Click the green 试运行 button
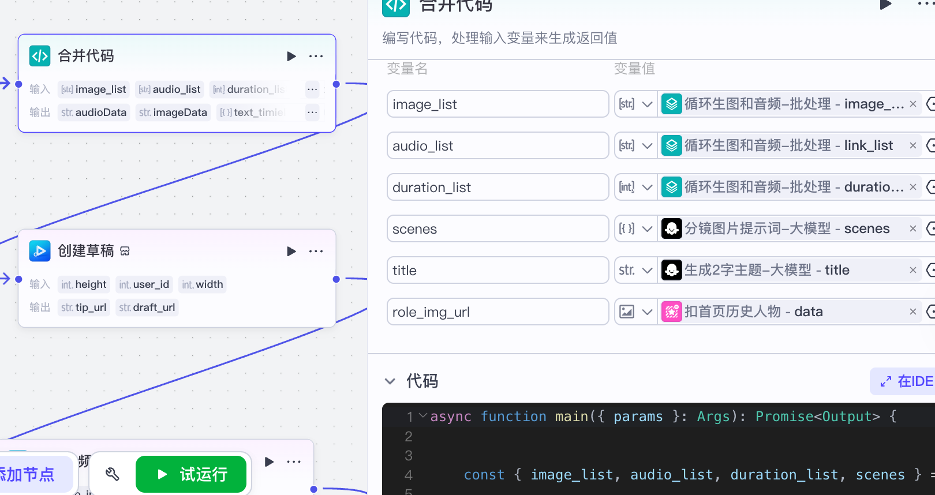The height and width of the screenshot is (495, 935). pos(191,474)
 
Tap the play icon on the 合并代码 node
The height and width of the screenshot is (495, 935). pos(291,56)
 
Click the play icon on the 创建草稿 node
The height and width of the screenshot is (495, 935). pos(291,251)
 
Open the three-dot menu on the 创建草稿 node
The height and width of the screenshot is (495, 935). pos(316,251)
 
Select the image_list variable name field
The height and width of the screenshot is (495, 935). pos(498,104)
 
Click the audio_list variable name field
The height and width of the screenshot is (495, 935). pos(498,146)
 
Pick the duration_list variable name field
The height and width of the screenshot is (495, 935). pos(498,187)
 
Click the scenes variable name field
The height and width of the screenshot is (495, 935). pos(498,229)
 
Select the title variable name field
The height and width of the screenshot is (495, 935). pos(498,271)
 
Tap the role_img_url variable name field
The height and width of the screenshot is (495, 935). pos(498,312)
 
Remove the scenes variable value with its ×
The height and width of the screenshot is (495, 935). pos(913,229)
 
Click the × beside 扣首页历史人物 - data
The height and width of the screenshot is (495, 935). pos(913,312)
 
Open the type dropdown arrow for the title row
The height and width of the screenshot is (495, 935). pos(648,271)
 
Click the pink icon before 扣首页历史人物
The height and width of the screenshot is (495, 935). pos(672,312)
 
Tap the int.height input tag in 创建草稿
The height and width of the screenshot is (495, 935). pos(84,284)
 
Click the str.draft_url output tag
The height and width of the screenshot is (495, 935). pos(147,307)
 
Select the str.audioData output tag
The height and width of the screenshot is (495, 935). pos(93,112)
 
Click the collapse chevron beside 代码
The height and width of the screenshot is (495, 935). pos(390,381)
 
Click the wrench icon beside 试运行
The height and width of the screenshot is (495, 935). pos(113,474)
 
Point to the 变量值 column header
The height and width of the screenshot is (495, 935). pos(634,69)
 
